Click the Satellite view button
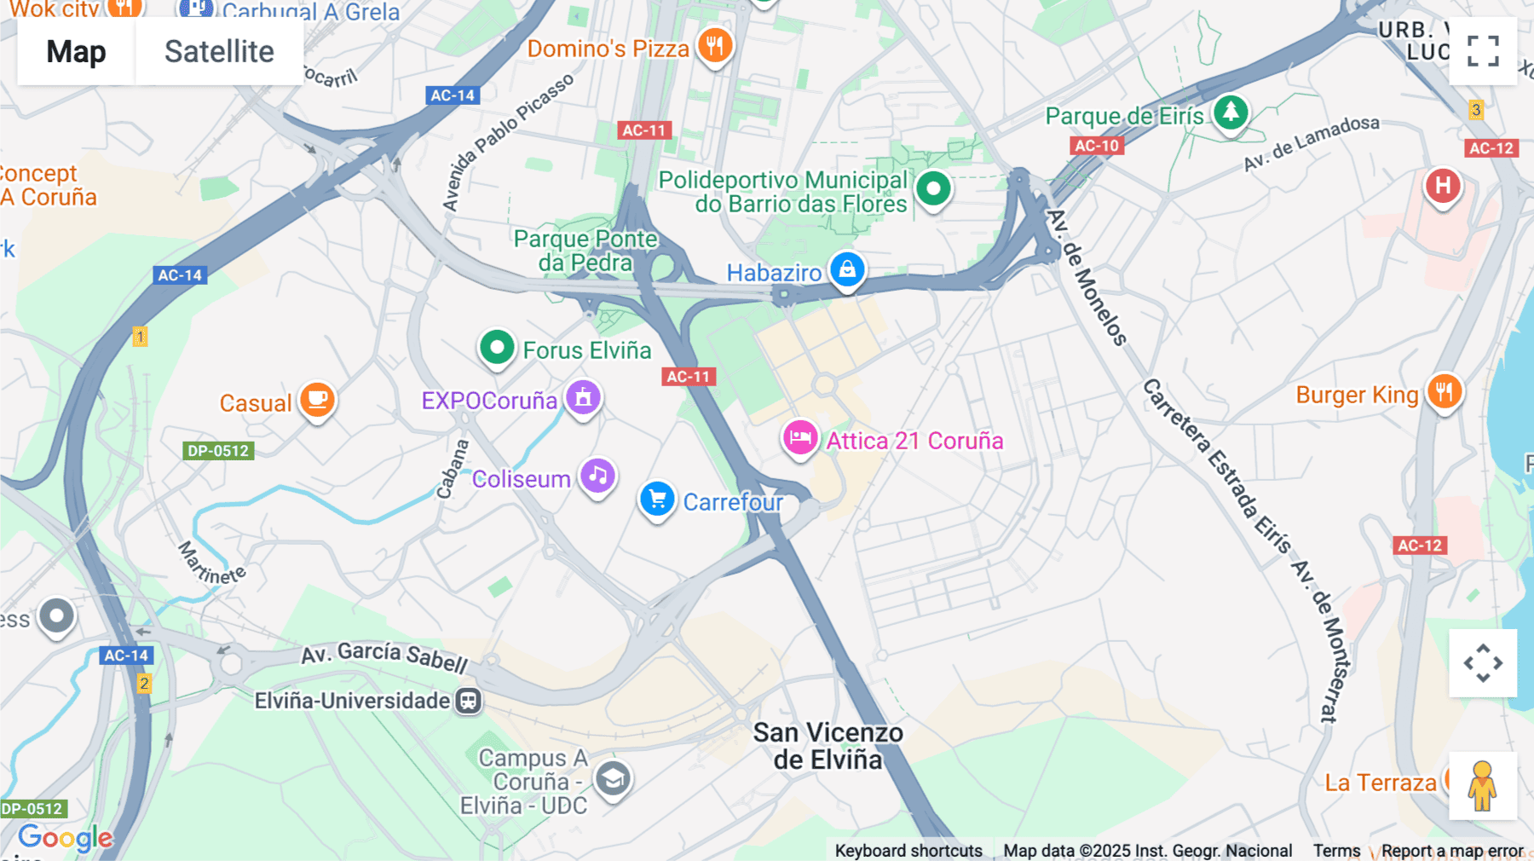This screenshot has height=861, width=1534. tap(219, 51)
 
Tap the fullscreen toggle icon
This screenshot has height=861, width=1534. tap(1483, 51)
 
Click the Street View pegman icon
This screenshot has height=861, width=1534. tap(1482, 786)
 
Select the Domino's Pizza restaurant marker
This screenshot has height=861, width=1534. tap(715, 44)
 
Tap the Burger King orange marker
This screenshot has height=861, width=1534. tap(1445, 392)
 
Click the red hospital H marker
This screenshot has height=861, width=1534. tap(1443, 186)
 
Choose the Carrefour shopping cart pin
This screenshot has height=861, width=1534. tap(657, 500)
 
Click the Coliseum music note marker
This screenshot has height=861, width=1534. tap(597, 476)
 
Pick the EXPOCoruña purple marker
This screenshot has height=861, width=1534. tap(584, 397)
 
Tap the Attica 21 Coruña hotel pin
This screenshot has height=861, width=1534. tap(799, 438)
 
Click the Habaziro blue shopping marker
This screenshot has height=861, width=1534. tap(847, 270)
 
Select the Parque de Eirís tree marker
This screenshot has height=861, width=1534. tap(1231, 112)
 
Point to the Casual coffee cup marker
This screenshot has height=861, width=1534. tap(317, 399)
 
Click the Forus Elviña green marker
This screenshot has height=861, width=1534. tap(497, 347)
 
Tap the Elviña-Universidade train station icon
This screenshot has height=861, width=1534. tap(468, 701)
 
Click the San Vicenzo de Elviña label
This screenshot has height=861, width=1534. tap(828, 746)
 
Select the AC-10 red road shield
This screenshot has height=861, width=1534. tap(1096, 146)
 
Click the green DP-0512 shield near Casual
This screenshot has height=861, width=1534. tap(218, 451)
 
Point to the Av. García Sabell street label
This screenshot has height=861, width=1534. tap(384, 656)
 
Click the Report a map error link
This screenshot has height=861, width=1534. tap(1451, 850)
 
